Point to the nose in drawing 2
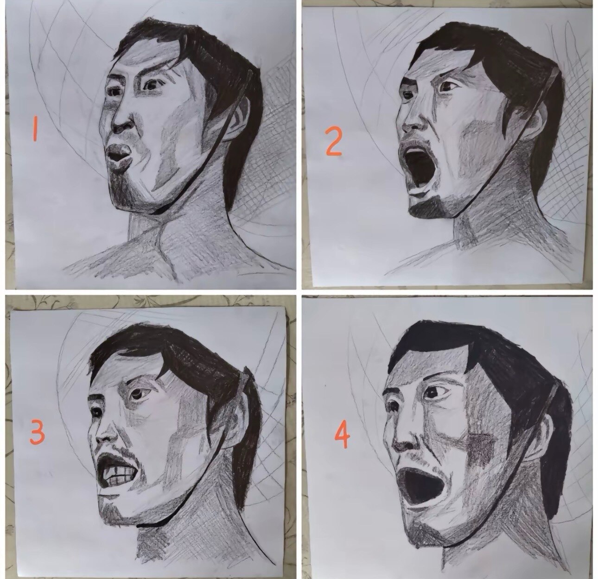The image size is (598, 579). [414, 120]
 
